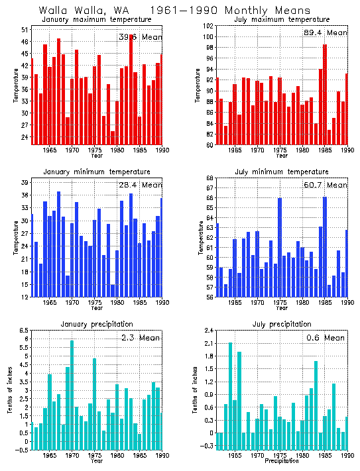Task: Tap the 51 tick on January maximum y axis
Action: point(23,30)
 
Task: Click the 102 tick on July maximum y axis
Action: point(208,26)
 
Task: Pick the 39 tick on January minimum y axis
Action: point(23,182)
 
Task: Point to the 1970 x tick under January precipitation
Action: point(72,456)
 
